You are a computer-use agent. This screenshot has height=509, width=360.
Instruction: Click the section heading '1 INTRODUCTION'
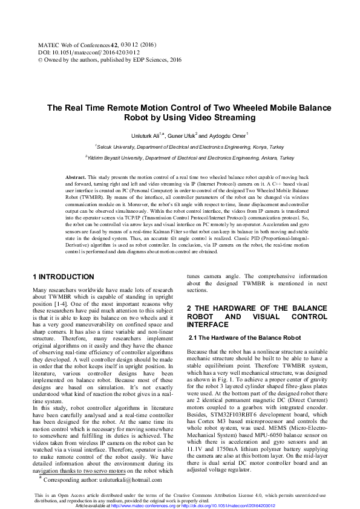point(63,277)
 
